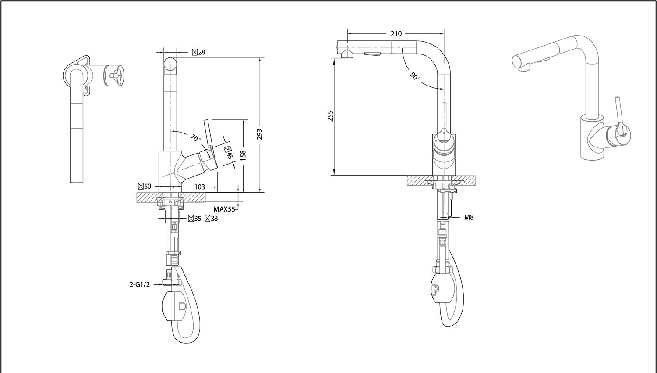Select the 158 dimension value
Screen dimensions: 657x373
tap(243, 154)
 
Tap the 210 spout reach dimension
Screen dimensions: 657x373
tap(396, 34)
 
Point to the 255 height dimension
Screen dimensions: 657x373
tap(331, 115)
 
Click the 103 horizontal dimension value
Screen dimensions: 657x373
tap(199, 186)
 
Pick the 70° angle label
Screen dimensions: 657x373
tap(194, 137)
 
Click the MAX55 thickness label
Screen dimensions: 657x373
tap(224, 209)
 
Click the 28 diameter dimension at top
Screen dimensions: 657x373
tap(201, 52)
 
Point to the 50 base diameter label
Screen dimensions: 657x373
tap(147, 186)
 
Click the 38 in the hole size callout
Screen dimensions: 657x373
tap(214, 218)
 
